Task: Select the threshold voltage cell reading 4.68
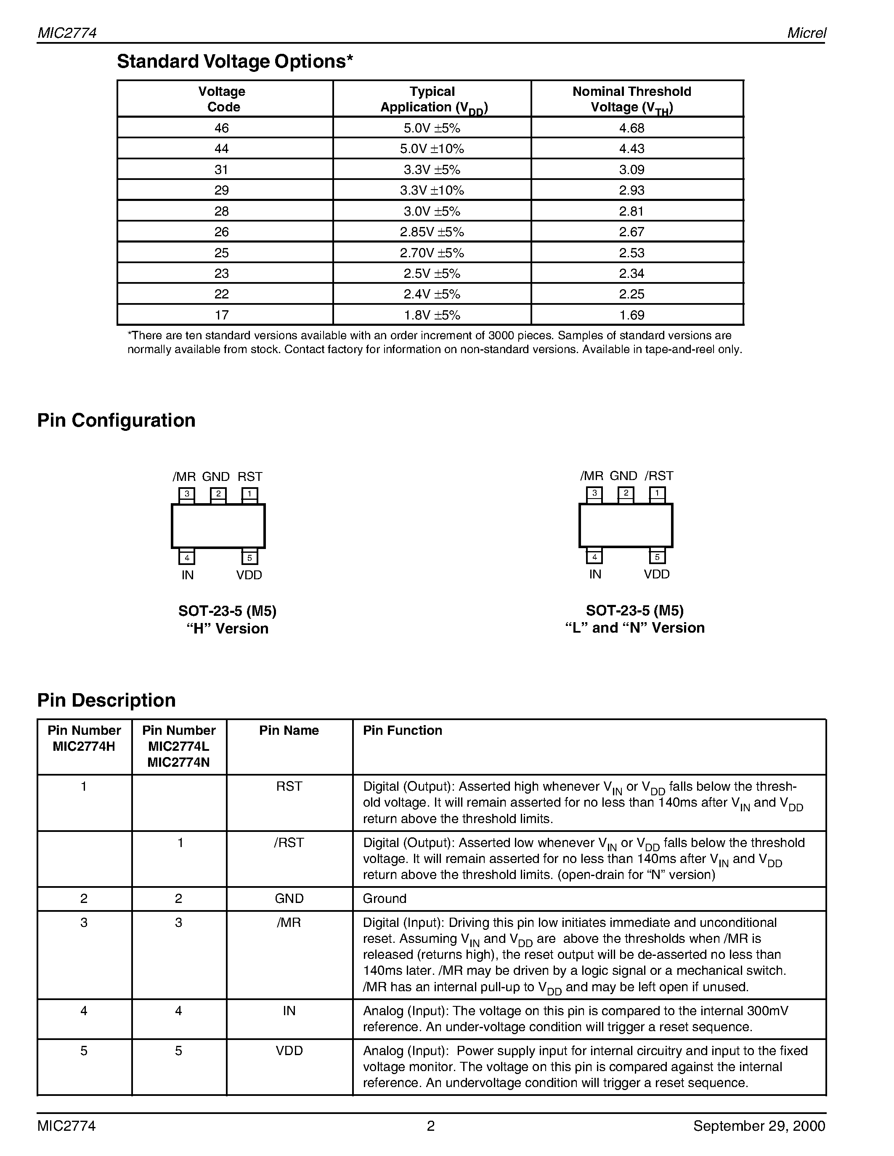coord(631,128)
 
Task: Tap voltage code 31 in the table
coord(221,169)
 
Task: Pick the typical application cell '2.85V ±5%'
coord(432,232)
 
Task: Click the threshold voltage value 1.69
coord(631,315)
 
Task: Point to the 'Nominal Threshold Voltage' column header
coord(631,99)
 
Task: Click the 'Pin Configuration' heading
coord(116,420)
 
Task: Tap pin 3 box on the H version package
coord(186,494)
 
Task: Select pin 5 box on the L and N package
coord(657,557)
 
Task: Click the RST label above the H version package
coord(249,476)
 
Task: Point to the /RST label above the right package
coord(659,476)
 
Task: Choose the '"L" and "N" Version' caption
coord(634,628)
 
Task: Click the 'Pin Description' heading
coord(106,700)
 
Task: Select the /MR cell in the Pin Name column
coord(289,923)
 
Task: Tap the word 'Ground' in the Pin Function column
coord(385,898)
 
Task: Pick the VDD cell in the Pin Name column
coord(289,1050)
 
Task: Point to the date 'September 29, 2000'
coord(759,1126)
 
